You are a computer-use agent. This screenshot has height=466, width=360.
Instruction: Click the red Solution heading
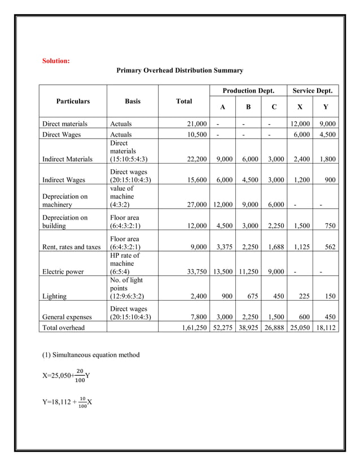click(x=56, y=61)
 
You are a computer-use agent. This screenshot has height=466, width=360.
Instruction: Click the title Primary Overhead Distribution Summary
click(x=179, y=71)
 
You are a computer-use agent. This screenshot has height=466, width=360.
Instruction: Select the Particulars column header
click(x=73, y=102)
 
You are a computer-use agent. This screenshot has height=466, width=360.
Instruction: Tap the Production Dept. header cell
click(x=248, y=91)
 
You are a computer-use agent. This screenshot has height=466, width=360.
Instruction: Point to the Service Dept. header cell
click(x=313, y=91)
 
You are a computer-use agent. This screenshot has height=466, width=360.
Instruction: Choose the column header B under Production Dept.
click(x=248, y=107)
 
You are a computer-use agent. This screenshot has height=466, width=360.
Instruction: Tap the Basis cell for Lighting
click(x=131, y=286)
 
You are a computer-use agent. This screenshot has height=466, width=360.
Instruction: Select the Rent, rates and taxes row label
click(x=71, y=247)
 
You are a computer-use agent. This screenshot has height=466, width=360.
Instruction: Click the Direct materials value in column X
click(x=300, y=124)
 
